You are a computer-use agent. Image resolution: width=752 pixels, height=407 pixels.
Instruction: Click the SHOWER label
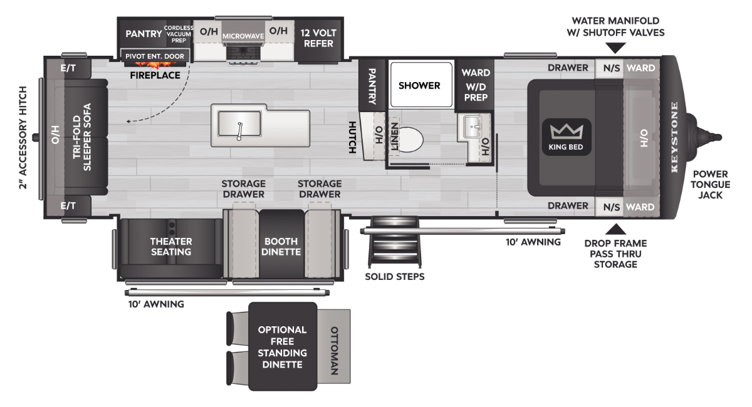point(419,86)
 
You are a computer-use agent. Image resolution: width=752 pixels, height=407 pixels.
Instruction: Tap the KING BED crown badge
point(567,137)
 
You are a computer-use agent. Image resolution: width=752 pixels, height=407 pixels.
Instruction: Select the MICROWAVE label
point(243,36)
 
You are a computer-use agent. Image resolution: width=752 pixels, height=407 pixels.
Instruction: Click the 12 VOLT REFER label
point(318,38)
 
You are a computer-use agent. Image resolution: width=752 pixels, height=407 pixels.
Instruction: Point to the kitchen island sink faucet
point(239,131)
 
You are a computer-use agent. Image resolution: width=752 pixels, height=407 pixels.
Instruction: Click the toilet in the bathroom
point(410,140)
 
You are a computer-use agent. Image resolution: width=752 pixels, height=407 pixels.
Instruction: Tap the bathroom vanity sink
point(473,127)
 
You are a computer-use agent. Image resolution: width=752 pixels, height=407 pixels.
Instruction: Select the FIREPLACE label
point(155,75)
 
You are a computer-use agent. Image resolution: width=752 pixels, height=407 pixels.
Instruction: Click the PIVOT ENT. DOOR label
point(155,56)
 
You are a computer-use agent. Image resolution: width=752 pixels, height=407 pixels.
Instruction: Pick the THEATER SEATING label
point(171,247)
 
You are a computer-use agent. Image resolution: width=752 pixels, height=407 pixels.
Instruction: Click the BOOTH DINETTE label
point(281,247)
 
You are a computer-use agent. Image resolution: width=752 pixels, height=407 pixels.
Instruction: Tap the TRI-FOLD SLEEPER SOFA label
point(82,137)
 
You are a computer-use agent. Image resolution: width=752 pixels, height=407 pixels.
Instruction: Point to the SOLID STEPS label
point(395,277)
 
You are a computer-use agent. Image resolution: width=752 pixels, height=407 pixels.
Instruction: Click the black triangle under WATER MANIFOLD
point(615,48)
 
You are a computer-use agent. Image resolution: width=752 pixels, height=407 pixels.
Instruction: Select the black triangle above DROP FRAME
point(615,229)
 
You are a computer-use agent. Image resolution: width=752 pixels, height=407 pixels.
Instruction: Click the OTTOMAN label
point(335,351)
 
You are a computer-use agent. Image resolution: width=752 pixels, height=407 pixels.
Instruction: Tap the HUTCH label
point(352,137)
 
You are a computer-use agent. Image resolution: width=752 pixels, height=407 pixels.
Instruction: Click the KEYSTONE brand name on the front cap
point(674,137)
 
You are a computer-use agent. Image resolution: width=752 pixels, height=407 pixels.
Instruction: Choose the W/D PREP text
point(476,92)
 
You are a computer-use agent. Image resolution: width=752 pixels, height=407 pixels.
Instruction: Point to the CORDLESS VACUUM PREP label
point(179,34)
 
